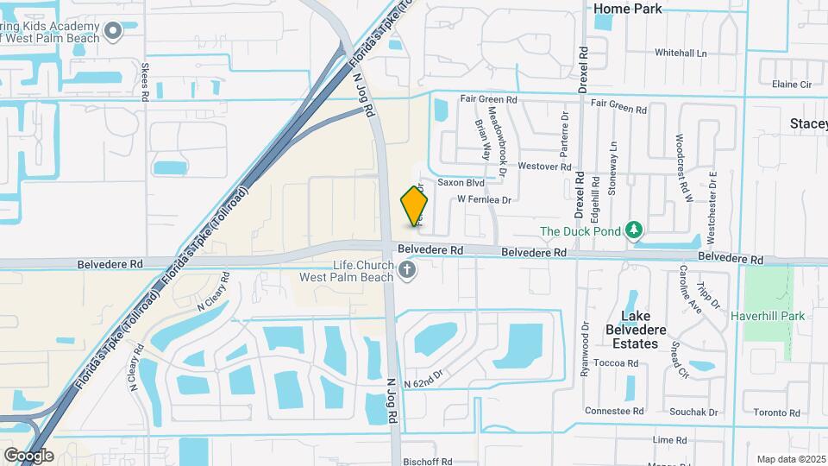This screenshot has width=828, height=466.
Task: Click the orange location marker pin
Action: click(x=415, y=205)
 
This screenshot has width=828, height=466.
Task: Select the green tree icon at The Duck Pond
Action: click(x=634, y=230)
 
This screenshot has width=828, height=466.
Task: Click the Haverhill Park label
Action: click(x=767, y=316)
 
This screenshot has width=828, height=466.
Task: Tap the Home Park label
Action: click(x=628, y=9)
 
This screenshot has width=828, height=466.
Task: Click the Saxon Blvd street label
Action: click(x=461, y=183)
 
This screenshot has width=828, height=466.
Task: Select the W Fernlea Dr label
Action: click(x=484, y=199)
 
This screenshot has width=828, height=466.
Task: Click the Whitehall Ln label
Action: click(x=680, y=53)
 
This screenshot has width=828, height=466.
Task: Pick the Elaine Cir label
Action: click(x=793, y=85)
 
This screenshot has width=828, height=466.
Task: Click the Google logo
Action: click(x=28, y=455)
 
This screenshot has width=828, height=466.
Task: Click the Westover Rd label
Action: click(x=545, y=167)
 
